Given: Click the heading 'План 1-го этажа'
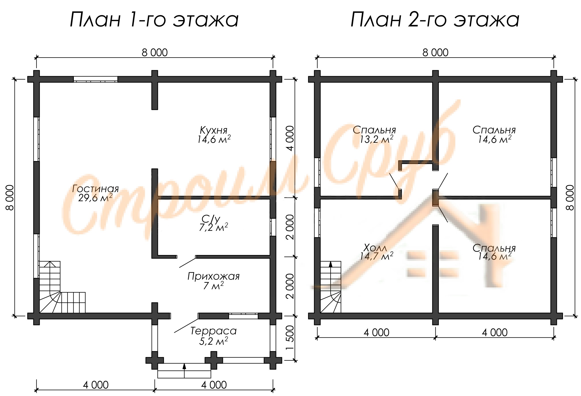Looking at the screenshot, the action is click(154, 20).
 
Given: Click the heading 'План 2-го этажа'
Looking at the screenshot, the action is click(435, 20).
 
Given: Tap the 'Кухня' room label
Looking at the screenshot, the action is click(214, 130).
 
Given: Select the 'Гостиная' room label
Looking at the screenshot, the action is click(95, 189).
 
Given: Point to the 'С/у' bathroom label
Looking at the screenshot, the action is click(211, 219).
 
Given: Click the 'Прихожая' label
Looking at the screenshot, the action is click(213, 276).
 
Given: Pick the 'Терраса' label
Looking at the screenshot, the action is click(213, 331).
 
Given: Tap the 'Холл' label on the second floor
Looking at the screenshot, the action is click(375, 248).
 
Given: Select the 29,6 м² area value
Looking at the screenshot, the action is click(95, 198).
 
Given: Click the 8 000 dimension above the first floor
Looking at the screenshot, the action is click(155, 53).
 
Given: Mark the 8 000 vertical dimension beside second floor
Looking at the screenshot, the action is click(570, 198).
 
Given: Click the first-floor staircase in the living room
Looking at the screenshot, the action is click(62, 287).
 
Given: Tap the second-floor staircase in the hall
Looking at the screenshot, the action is click(331, 287).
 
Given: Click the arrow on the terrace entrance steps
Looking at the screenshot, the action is click(184, 370).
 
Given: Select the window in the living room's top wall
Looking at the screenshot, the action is click(95, 79).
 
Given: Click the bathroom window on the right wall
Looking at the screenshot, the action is click(273, 227).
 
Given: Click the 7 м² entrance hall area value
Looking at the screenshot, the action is click(213, 286).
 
